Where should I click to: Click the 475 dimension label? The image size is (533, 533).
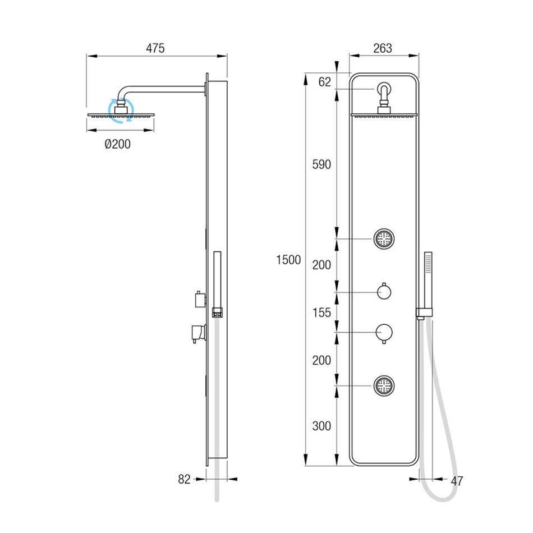[155, 48]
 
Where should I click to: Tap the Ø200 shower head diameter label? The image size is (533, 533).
[118, 144]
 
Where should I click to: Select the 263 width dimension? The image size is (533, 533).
[383, 48]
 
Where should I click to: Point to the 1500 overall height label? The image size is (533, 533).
[288, 260]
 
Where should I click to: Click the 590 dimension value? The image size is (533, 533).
[321, 164]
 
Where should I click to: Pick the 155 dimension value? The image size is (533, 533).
[321, 313]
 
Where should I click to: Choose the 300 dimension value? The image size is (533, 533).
[321, 426]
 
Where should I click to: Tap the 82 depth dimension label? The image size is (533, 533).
[184, 479]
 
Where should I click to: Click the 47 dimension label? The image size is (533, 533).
[457, 481]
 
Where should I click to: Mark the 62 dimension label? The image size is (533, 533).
[325, 82]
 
